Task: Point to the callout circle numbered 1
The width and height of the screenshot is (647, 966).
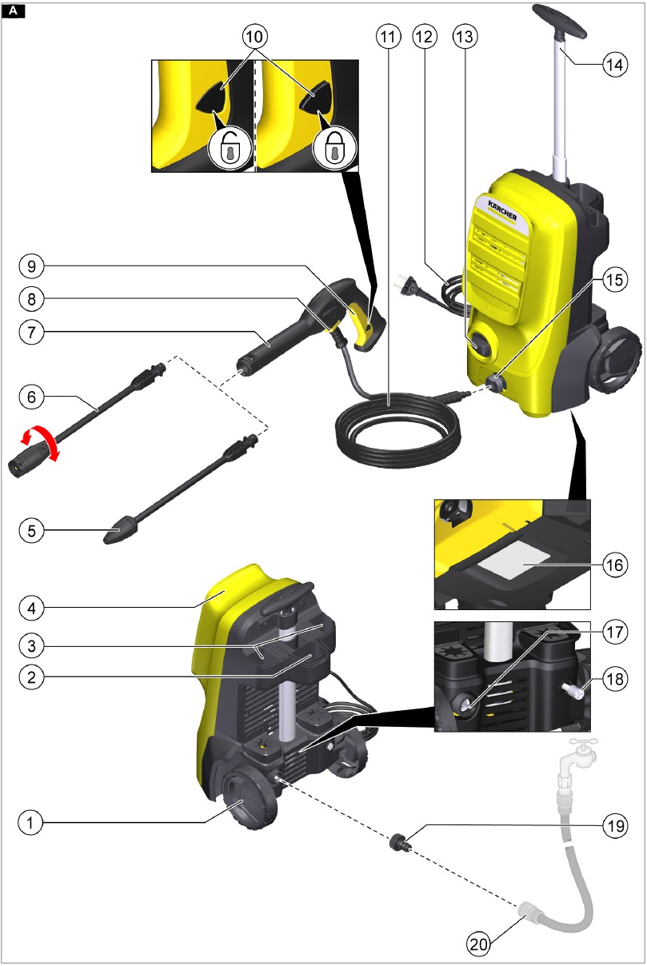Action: (x=30, y=820)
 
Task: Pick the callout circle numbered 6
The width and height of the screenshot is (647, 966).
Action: (x=30, y=397)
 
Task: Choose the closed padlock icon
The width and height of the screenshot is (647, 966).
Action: (x=330, y=150)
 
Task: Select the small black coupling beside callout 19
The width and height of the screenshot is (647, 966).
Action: (x=396, y=842)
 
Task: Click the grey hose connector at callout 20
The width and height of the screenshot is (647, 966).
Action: (x=530, y=912)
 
